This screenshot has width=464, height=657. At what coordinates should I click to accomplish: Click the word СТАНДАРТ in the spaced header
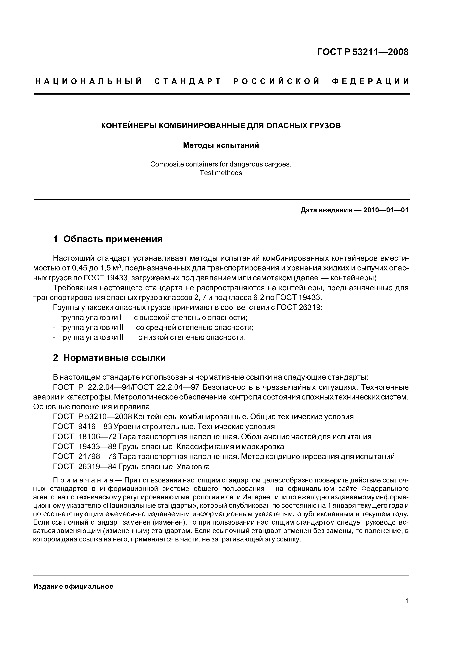(x=187, y=81)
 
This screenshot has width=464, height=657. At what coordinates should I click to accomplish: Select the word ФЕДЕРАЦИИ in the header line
(x=370, y=81)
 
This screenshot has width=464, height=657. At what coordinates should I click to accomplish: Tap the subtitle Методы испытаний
(x=221, y=145)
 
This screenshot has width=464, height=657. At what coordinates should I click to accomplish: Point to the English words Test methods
(x=221, y=173)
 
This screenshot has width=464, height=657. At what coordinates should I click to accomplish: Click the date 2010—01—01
(x=386, y=210)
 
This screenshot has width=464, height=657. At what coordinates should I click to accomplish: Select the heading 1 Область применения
(x=108, y=239)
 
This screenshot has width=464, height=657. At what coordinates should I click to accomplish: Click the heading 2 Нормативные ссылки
(x=109, y=358)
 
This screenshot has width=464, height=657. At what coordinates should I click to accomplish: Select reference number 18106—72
(x=97, y=437)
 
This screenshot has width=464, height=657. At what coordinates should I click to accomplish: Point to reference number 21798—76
(x=97, y=456)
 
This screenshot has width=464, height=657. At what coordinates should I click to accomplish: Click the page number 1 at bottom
(x=407, y=601)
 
